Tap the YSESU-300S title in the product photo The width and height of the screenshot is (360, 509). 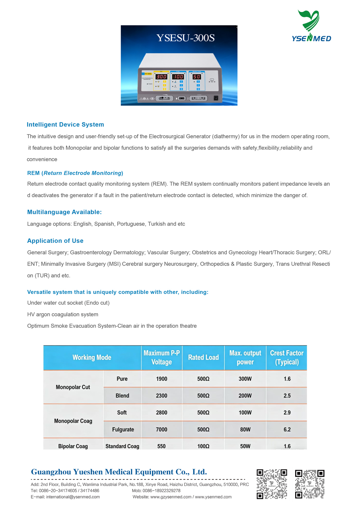tap(185, 38)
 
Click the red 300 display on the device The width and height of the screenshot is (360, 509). tap(161, 77)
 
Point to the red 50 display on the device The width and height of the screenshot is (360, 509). tap(197, 77)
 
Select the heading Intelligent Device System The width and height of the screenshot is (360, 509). tap(65, 124)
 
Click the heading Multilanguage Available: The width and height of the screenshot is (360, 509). tap(64, 212)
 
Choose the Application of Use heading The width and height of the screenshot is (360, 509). tap(55, 241)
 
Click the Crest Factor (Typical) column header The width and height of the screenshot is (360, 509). tap(287, 358)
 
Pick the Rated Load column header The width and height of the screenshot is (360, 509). tap(203, 358)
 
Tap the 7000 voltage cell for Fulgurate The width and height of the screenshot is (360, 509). tap(162, 430)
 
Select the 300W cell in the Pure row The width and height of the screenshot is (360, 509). tap(245, 379)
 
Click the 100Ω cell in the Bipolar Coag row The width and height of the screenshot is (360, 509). tap(203, 446)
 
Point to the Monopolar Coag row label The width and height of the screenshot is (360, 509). tap(73, 421)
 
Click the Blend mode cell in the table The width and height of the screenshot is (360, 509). tap(122, 396)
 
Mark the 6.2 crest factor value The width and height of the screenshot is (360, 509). tap(287, 430)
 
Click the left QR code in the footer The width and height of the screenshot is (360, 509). tap(272, 484)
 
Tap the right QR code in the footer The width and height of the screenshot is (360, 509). tap(310, 484)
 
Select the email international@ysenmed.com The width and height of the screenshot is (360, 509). tap(73, 497)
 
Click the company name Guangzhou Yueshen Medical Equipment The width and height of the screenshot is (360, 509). tap(119, 472)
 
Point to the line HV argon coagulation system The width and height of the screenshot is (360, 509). tap(63, 314)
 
